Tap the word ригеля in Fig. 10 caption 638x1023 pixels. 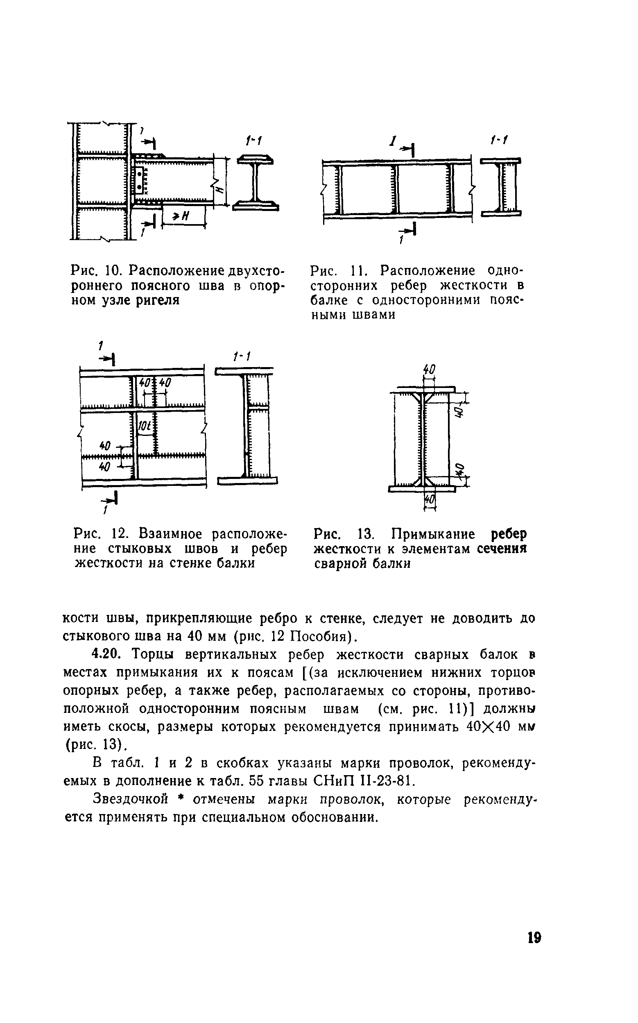click(158, 300)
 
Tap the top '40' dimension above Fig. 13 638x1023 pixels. click(429, 370)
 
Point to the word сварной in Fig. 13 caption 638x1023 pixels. click(337, 564)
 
